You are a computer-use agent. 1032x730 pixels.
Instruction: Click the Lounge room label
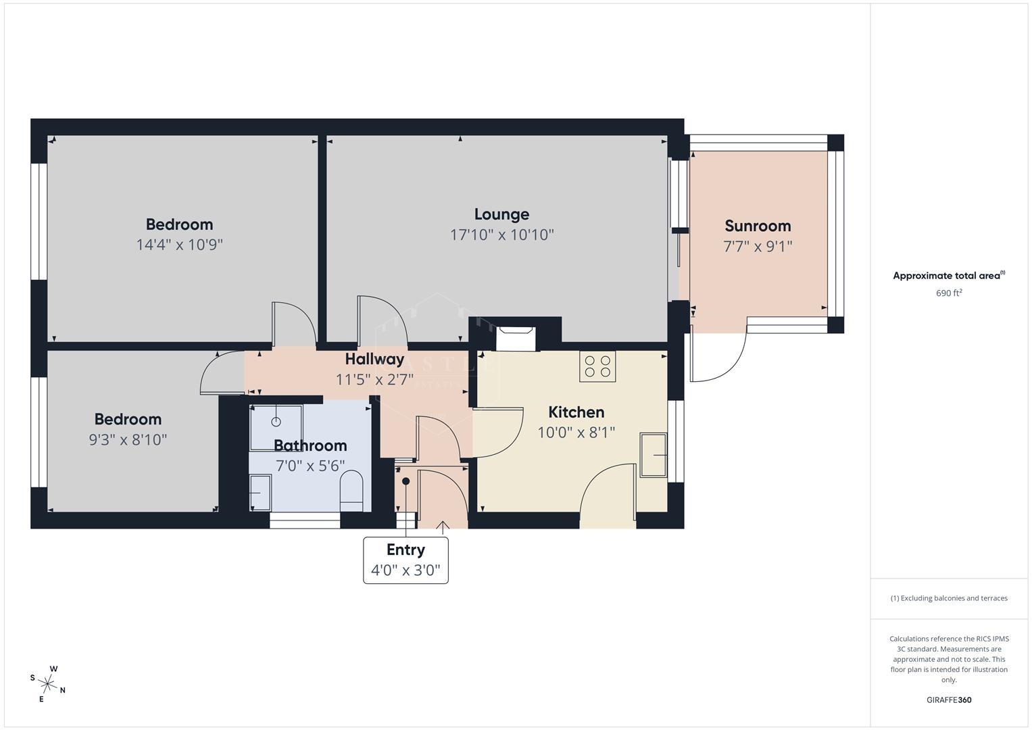[501, 214]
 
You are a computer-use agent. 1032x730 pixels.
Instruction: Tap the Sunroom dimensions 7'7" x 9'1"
[758, 247]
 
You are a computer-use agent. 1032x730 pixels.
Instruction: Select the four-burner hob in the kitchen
[597, 366]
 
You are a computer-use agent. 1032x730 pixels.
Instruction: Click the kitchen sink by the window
[654, 455]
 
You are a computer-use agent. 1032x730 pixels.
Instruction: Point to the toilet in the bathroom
[351, 491]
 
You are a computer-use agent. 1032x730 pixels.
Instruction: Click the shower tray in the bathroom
[276, 427]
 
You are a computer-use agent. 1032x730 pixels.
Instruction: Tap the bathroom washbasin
[260, 493]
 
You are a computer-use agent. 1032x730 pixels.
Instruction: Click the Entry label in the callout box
[406, 550]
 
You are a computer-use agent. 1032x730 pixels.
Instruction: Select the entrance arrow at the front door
[443, 527]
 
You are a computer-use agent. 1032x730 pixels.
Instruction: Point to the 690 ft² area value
[949, 293]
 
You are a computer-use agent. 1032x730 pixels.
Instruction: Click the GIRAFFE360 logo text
[949, 700]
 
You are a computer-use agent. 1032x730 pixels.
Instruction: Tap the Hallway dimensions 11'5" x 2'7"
[374, 380]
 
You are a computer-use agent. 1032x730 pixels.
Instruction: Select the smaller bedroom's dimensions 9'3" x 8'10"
[128, 440]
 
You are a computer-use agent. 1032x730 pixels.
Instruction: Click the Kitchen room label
[576, 412]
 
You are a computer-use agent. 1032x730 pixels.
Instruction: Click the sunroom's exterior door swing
[718, 357]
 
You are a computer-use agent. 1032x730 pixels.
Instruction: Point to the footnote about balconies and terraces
[949, 598]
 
